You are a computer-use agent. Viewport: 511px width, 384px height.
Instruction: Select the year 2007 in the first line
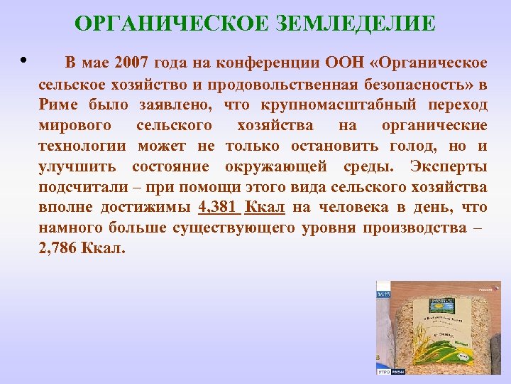click(x=133, y=63)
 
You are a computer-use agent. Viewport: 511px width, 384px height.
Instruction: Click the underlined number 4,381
click(x=217, y=208)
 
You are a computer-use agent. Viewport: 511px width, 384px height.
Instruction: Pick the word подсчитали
click(x=82, y=187)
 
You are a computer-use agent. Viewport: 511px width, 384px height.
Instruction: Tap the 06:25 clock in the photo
click(x=384, y=293)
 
